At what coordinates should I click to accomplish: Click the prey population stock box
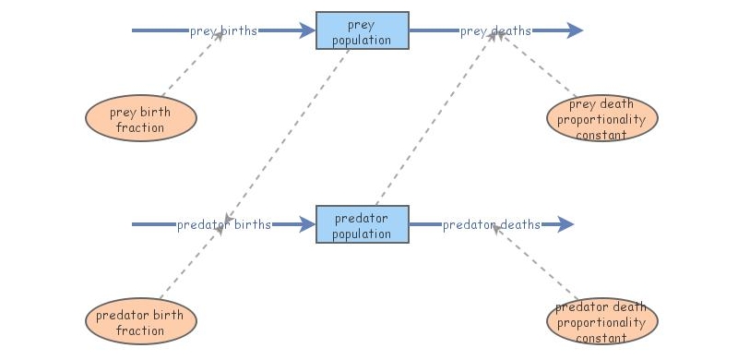[363, 30]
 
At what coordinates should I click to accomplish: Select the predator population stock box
[363, 224]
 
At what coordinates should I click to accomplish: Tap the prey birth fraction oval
[141, 119]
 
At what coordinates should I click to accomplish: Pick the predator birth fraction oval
[141, 322]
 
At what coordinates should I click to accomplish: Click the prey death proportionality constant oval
[602, 119]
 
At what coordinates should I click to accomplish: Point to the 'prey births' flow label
[223, 30]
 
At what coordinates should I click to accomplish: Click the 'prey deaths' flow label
[495, 30]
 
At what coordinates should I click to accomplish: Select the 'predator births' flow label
[224, 224]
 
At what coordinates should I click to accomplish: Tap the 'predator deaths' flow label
[491, 224]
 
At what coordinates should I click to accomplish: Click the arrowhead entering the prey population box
[307, 30]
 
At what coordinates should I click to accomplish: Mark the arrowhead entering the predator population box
[307, 224]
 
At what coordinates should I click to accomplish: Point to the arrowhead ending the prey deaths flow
[574, 30]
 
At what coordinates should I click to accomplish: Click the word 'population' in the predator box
[363, 234]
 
